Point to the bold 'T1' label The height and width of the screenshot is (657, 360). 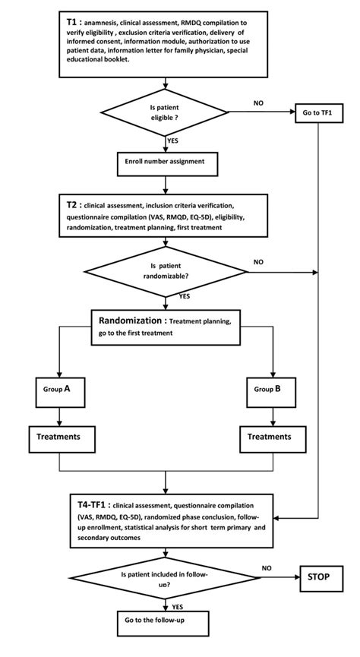tap(74, 24)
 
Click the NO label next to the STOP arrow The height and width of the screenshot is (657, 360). tap(265, 567)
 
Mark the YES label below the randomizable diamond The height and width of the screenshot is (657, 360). tap(185, 297)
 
